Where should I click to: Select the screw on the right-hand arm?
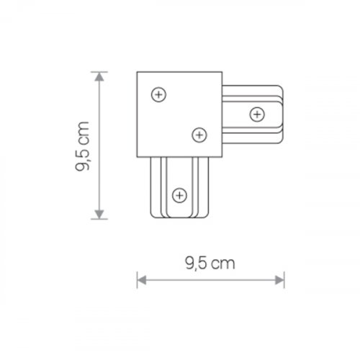(256, 113)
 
